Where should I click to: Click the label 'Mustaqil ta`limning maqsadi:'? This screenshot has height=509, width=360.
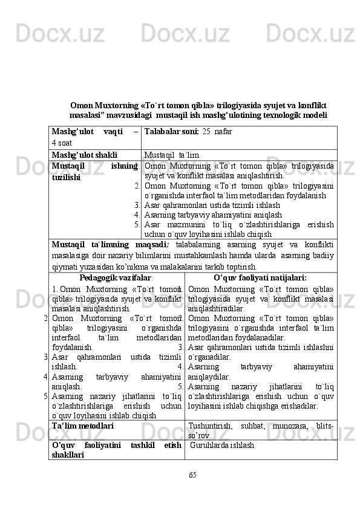pos(111,244)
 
